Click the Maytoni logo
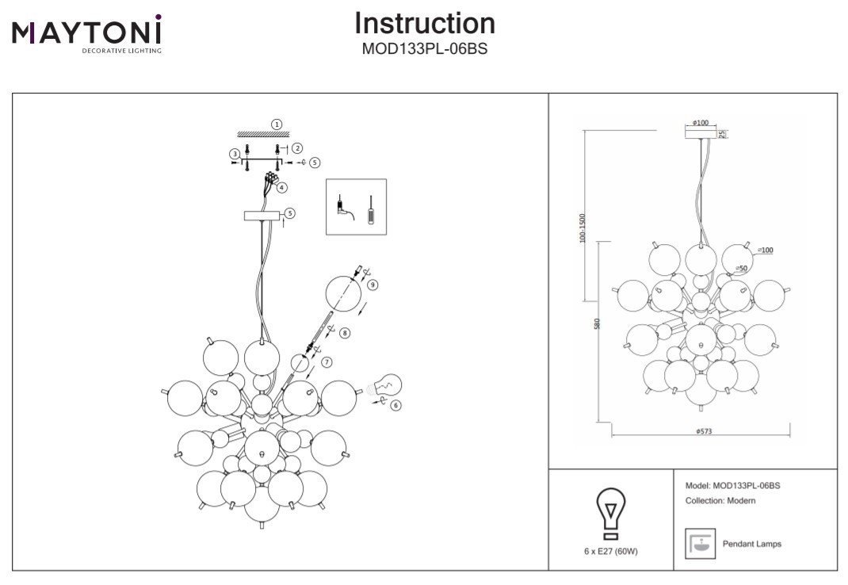[86, 33]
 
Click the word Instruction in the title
[425, 23]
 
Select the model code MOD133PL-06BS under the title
[424, 49]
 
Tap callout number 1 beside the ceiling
[277, 124]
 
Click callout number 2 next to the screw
[297, 148]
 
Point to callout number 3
[235, 154]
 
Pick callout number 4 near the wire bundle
[281, 188]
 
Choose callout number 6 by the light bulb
[395, 405]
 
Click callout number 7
[327, 361]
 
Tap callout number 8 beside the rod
[345, 333]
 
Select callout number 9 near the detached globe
[372, 285]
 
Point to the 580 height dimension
[598, 323]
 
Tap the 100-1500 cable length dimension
[583, 227]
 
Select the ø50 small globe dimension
[743, 269]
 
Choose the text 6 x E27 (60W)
[610, 552]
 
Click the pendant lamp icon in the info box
[700, 544]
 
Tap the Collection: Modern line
[720, 501]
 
